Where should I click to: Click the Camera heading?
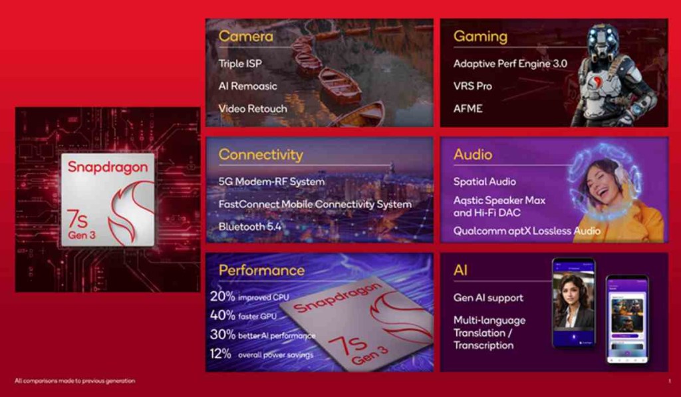(245, 35)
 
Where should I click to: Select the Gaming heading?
(480, 36)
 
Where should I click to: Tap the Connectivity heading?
(261, 155)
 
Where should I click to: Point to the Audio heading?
(473, 155)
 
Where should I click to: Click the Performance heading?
(261, 270)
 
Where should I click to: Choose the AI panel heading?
(460, 270)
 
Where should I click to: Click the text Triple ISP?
(240, 64)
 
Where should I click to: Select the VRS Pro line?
(474, 86)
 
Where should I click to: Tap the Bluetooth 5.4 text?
(250, 227)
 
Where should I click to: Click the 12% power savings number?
(221, 354)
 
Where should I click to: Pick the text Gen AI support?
(488, 298)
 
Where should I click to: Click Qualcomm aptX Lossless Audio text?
(527, 231)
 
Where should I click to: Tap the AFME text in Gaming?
(468, 108)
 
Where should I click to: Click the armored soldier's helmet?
(603, 41)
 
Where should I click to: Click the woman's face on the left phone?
(571, 292)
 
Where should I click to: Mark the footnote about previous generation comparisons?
(74, 381)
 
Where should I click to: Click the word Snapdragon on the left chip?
(107, 167)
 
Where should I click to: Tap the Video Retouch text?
(253, 108)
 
